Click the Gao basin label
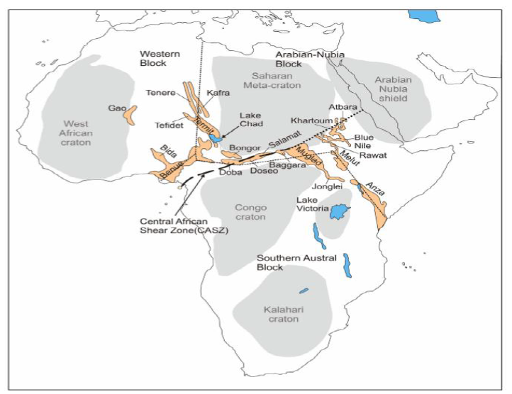click(116, 108)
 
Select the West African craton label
click(76, 133)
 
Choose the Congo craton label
click(250, 212)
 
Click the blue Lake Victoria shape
click(339, 211)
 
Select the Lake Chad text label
click(251, 120)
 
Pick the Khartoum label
click(310, 120)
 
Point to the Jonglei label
click(328, 186)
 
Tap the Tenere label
click(161, 92)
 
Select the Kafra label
click(218, 93)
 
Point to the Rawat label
click(373, 154)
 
